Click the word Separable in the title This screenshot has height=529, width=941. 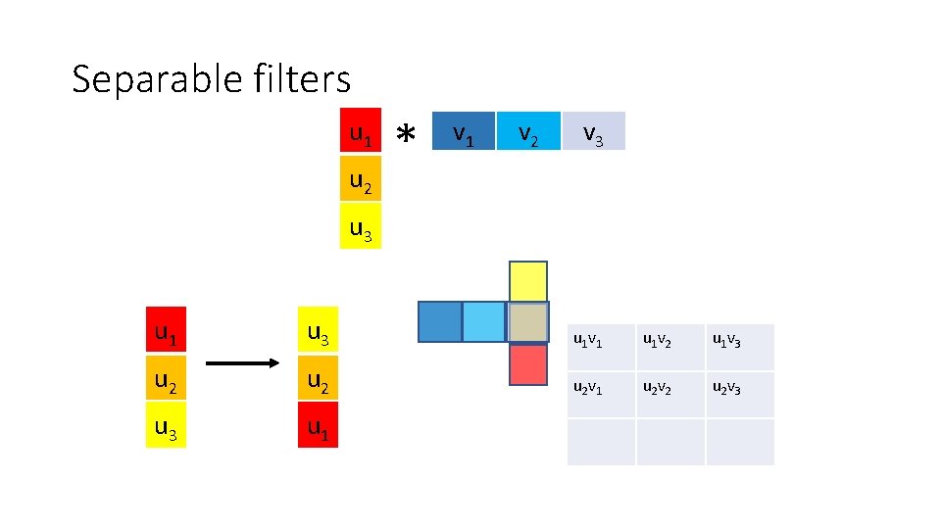click(x=148, y=79)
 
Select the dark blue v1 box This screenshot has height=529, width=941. click(x=463, y=131)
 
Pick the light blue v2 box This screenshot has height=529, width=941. click(x=527, y=131)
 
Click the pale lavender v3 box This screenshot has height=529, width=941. click(x=592, y=131)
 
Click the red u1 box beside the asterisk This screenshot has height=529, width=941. click(x=361, y=132)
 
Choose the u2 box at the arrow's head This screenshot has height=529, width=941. click(x=318, y=380)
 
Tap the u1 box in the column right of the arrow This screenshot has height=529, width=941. click(x=318, y=427)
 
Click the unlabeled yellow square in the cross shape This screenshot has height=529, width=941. click(x=528, y=281)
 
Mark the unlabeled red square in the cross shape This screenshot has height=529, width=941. click(x=528, y=363)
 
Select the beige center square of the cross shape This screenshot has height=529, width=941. click(x=528, y=322)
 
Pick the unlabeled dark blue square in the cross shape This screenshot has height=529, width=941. click(x=439, y=322)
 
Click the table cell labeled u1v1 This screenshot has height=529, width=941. click(x=601, y=347)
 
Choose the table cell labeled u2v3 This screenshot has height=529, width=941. click(x=739, y=394)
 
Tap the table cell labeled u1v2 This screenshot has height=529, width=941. click(x=670, y=347)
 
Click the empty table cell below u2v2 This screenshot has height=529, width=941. click(x=670, y=442)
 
